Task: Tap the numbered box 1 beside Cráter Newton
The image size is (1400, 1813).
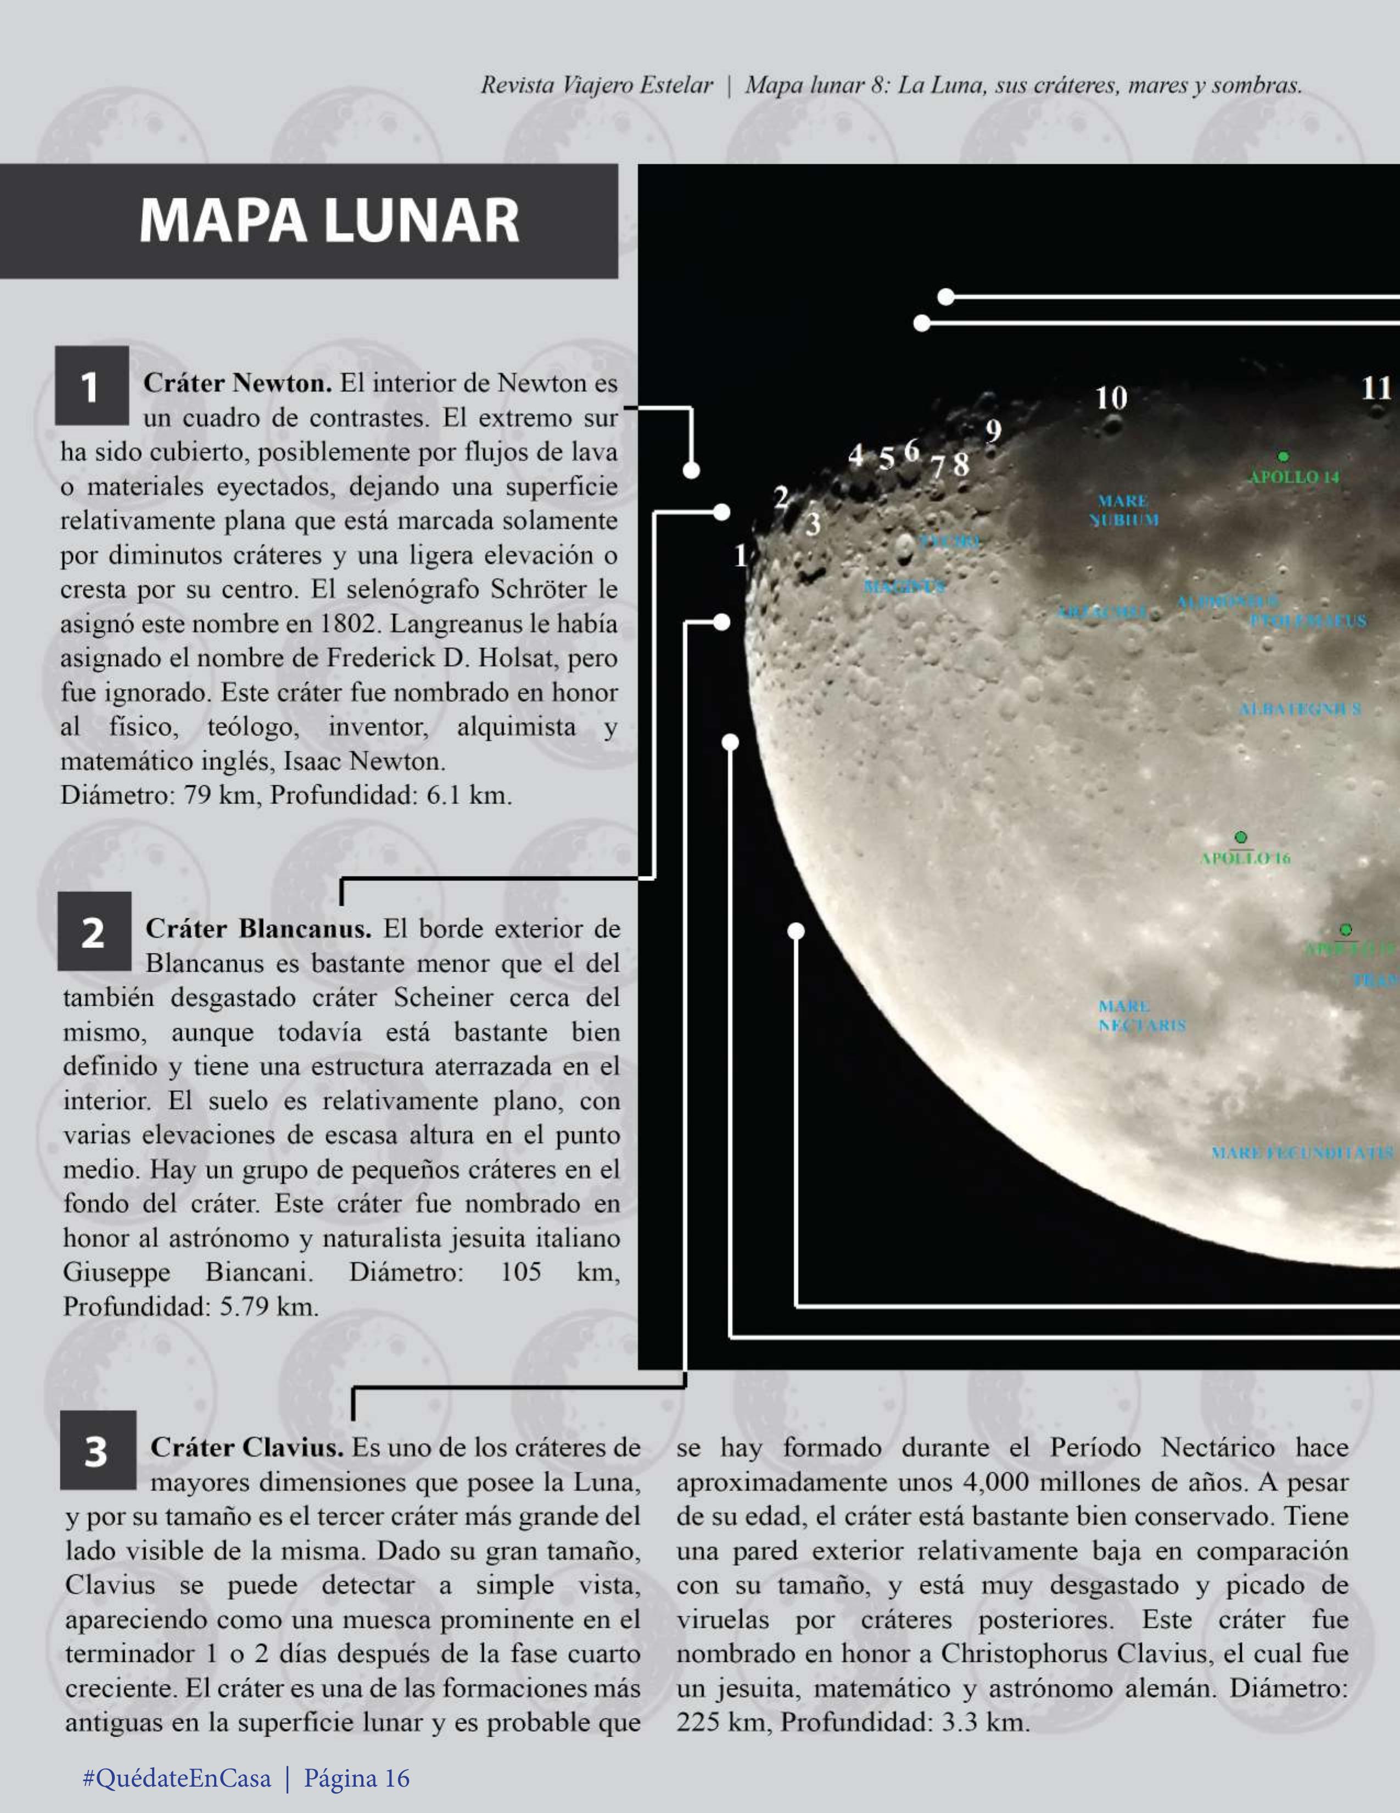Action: (x=91, y=386)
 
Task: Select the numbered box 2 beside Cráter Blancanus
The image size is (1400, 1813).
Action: (x=94, y=931)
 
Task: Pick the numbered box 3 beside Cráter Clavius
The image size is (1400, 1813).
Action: (x=97, y=1450)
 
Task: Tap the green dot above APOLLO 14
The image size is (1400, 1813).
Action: (x=1283, y=456)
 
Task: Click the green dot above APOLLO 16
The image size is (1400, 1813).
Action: (x=1241, y=837)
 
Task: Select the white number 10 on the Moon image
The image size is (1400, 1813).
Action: (x=1111, y=398)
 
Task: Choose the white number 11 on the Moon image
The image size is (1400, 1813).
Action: (x=1376, y=388)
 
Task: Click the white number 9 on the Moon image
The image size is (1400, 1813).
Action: (x=993, y=431)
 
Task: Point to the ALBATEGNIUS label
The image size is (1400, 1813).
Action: (x=1299, y=709)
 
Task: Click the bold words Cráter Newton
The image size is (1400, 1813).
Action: (x=237, y=383)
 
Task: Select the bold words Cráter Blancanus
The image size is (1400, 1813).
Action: (x=258, y=928)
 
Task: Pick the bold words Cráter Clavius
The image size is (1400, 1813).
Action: (x=247, y=1448)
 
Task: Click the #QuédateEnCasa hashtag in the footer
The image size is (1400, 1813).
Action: (x=177, y=1777)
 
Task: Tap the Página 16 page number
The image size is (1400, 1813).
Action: (x=357, y=1777)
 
